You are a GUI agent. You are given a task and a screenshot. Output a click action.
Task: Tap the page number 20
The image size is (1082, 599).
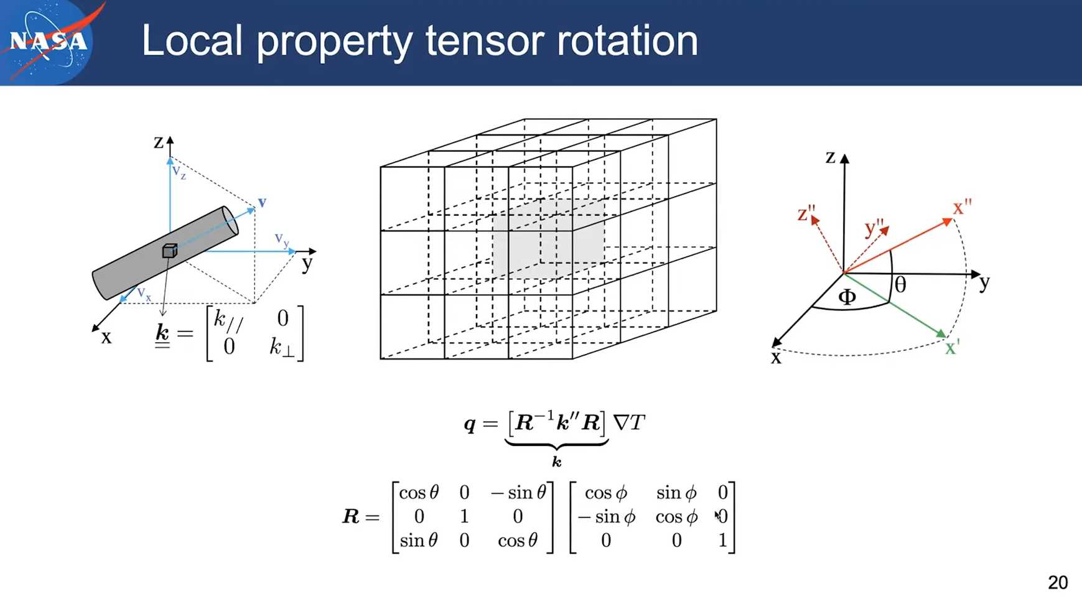[x=1058, y=582]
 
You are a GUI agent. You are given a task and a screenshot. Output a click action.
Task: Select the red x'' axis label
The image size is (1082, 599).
[x=962, y=207]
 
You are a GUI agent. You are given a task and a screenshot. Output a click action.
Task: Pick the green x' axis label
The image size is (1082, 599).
[x=952, y=347]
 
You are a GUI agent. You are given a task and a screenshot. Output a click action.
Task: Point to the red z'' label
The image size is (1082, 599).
[x=806, y=213]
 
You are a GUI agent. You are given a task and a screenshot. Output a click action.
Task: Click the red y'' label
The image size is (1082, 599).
[x=874, y=228]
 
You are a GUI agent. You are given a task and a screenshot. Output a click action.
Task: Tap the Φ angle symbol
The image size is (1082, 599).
[x=847, y=297]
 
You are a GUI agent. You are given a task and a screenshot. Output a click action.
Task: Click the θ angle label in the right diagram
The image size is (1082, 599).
[x=900, y=285]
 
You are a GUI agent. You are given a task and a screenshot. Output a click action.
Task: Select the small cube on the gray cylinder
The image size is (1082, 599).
[x=169, y=250]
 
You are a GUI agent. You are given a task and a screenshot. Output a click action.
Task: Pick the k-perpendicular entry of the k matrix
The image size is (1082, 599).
[x=281, y=348]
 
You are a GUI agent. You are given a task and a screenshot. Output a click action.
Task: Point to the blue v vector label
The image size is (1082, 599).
[x=262, y=202]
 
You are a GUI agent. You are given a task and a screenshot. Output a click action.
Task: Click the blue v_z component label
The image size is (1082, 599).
[x=179, y=172]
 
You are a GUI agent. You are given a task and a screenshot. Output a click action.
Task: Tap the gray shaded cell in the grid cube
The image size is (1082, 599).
[x=548, y=239]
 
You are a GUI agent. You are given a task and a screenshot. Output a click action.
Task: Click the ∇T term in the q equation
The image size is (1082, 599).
[x=629, y=423]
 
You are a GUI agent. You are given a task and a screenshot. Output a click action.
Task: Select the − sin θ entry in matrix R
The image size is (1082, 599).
[x=518, y=493]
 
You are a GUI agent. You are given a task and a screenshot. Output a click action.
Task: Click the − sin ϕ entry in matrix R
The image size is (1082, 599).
[x=607, y=517]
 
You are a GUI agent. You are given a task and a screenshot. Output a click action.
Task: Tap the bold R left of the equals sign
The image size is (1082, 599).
[x=351, y=516]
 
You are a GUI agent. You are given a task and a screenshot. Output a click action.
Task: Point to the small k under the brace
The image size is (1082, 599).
[x=557, y=462]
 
